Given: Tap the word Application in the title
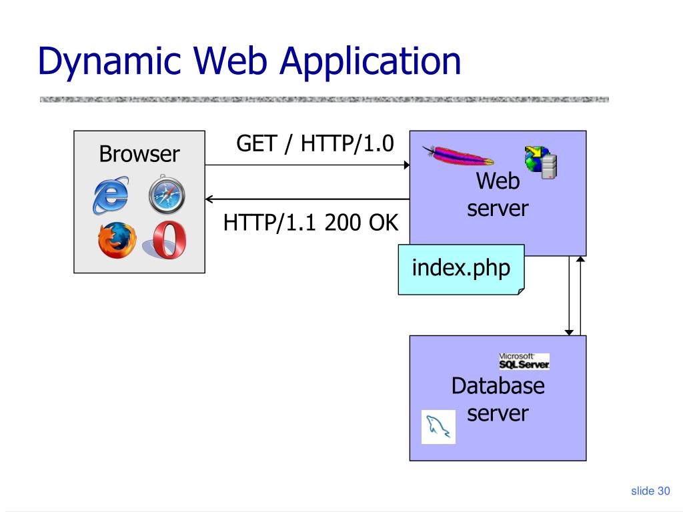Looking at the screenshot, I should tap(370, 61).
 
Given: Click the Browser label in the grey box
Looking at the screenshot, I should tap(139, 154).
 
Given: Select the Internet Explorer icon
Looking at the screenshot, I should tap(111, 195).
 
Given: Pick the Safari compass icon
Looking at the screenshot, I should tap(166, 195).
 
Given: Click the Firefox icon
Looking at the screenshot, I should tap(116, 240).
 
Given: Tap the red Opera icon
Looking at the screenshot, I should tap(169, 241).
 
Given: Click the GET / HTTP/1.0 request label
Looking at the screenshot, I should tap(315, 143).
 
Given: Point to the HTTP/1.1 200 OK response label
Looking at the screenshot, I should tap(311, 223).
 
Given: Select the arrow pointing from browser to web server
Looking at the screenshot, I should tap(307, 165).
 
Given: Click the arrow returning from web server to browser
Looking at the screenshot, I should tap(307, 199).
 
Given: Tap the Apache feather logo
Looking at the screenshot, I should tap(458, 156).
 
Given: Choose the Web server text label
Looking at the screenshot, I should tap(498, 194).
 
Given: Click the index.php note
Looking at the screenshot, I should tap(461, 268).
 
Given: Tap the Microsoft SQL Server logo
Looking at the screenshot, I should tap(524, 361).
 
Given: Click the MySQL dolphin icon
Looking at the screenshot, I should tap(439, 427).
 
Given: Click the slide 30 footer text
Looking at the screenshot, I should tap(650, 491).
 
